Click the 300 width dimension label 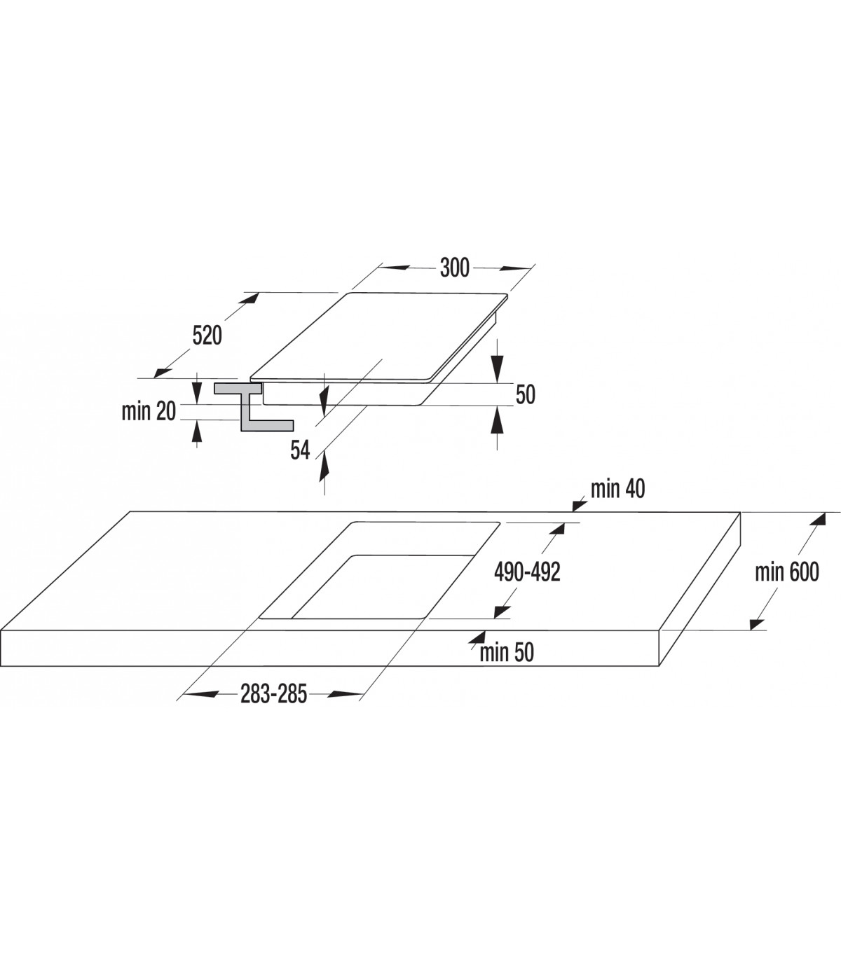point(454,268)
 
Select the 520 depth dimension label point(207,336)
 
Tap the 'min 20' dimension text point(149,411)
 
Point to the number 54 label point(300,450)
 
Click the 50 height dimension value point(525,394)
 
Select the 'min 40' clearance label point(618,489)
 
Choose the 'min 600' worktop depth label point(787,572)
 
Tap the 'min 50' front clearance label point(507,652)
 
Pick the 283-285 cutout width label point(274,693)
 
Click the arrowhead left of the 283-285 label point(200,693)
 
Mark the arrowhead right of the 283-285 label point(346,693)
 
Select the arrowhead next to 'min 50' point(477,637)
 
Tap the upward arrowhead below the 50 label point(498,420)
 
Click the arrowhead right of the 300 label point(515,268)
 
